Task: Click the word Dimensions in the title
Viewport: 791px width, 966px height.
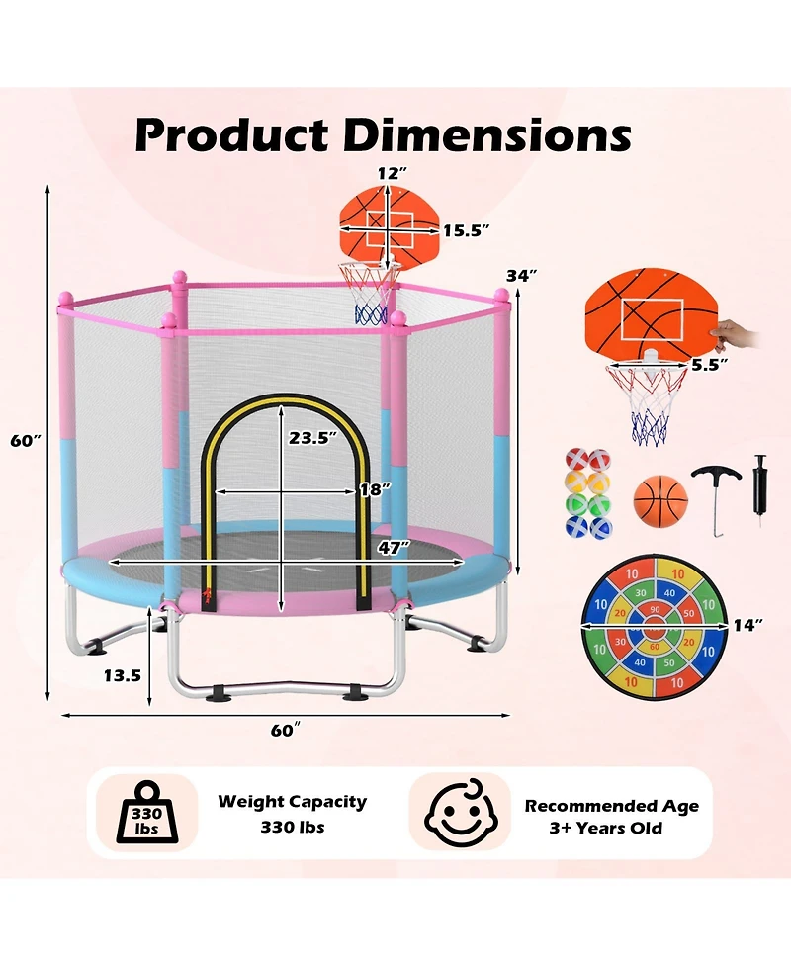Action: pyautogui.click(x=486, y=134)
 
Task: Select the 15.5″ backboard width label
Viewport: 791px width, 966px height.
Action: pyautogui.click(x=467, y=230)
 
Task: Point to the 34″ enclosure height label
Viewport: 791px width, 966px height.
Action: pyautogui.click(x=521, y=276)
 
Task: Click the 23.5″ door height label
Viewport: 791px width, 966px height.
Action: pyautogui.click(x=313, y=438)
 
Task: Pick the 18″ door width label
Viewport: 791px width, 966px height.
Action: pyautogui.click(x=375, y=489)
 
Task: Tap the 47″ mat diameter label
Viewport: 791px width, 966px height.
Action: pyautogui.click(x=395, y=547)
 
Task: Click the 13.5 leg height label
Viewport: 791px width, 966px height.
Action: pyautogui.click(x=122, y=676)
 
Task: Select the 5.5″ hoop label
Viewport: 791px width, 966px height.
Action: pyautogui.click(x=709, y=365)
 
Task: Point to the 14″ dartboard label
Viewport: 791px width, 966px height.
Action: pyautogui.click(x=747, y=625)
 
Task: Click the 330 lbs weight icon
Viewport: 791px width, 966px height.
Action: pyautogui.click(x=147, y=813)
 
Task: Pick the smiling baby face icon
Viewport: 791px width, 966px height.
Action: pyautogui.click(x=461, y=813)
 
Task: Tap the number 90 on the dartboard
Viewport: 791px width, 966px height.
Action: pyautogui.click(x=655, y=610)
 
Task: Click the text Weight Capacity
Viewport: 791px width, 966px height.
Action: pyautogui.click(x=292, y=802)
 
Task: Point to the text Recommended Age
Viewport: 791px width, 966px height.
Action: pyautogui.click(x=612, y=806)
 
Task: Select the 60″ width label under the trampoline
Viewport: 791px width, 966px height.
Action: pyautogui.click(x=285, y=730)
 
